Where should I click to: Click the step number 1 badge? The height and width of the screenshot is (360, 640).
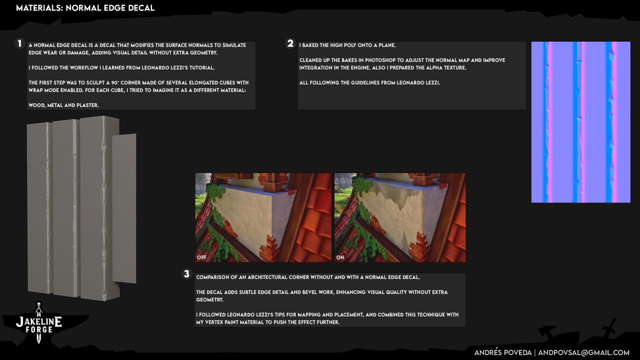(19, 44)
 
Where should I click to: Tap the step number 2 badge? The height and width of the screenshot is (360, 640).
(290, 43)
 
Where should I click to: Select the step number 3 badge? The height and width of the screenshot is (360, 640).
(187, 274)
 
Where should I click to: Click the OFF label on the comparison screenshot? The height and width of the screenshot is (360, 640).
(202, 258)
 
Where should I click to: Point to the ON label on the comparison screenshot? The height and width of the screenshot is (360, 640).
(340, 258)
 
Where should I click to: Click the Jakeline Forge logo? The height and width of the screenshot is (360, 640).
(39, 323)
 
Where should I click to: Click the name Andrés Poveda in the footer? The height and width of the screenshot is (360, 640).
(503, 353)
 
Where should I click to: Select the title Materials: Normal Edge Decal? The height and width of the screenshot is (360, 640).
(85, 8)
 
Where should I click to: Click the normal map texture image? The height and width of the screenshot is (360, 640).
(581, 122)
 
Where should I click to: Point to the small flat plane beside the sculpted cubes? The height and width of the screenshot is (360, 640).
(124, 209)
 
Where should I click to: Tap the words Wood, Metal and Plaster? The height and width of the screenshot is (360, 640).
(63, 105)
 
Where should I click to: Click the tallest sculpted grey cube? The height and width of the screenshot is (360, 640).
(99, 208)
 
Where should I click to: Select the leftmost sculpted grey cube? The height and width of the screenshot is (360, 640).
(39, 208)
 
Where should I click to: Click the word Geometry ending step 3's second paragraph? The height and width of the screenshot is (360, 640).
(210, 300)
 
